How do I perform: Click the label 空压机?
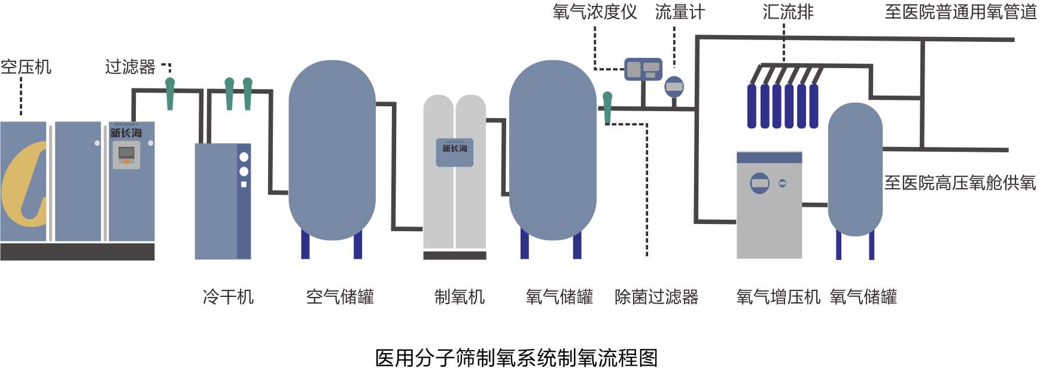pos(26,67)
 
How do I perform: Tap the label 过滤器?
pos(130,67)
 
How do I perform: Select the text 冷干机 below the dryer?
pos(228,296)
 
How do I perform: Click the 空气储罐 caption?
pos(340,296)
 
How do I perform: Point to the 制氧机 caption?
pos(460,296)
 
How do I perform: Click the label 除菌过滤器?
pos(656,296)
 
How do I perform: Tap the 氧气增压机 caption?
pos(778,296)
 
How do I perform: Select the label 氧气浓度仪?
pos(595,12)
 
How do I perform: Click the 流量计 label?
pos(680,12)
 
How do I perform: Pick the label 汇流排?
pos(788,12)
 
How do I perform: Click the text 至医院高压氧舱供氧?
pos(960,183)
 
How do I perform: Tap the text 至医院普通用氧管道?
pos(960,12)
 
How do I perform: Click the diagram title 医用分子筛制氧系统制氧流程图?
pos(516,358)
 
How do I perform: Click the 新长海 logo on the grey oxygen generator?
pos(455,148)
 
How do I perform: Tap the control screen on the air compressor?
pos(126,154)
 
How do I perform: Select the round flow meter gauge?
pos(674,87)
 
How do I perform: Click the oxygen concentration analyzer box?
pos(643,69)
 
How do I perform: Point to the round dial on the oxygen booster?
pos(760,183)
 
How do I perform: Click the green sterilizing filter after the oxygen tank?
pos(607,107)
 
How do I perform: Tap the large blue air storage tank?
pos(332,149)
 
